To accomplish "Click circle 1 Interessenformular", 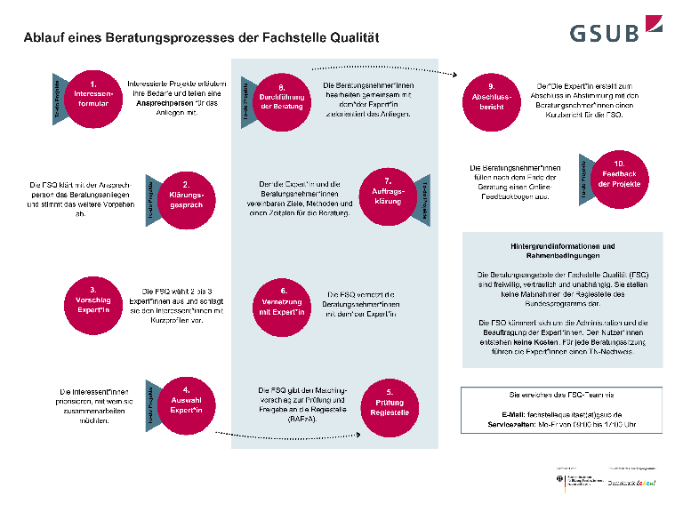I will (92, 92).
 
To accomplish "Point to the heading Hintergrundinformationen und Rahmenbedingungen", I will (562, 249).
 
